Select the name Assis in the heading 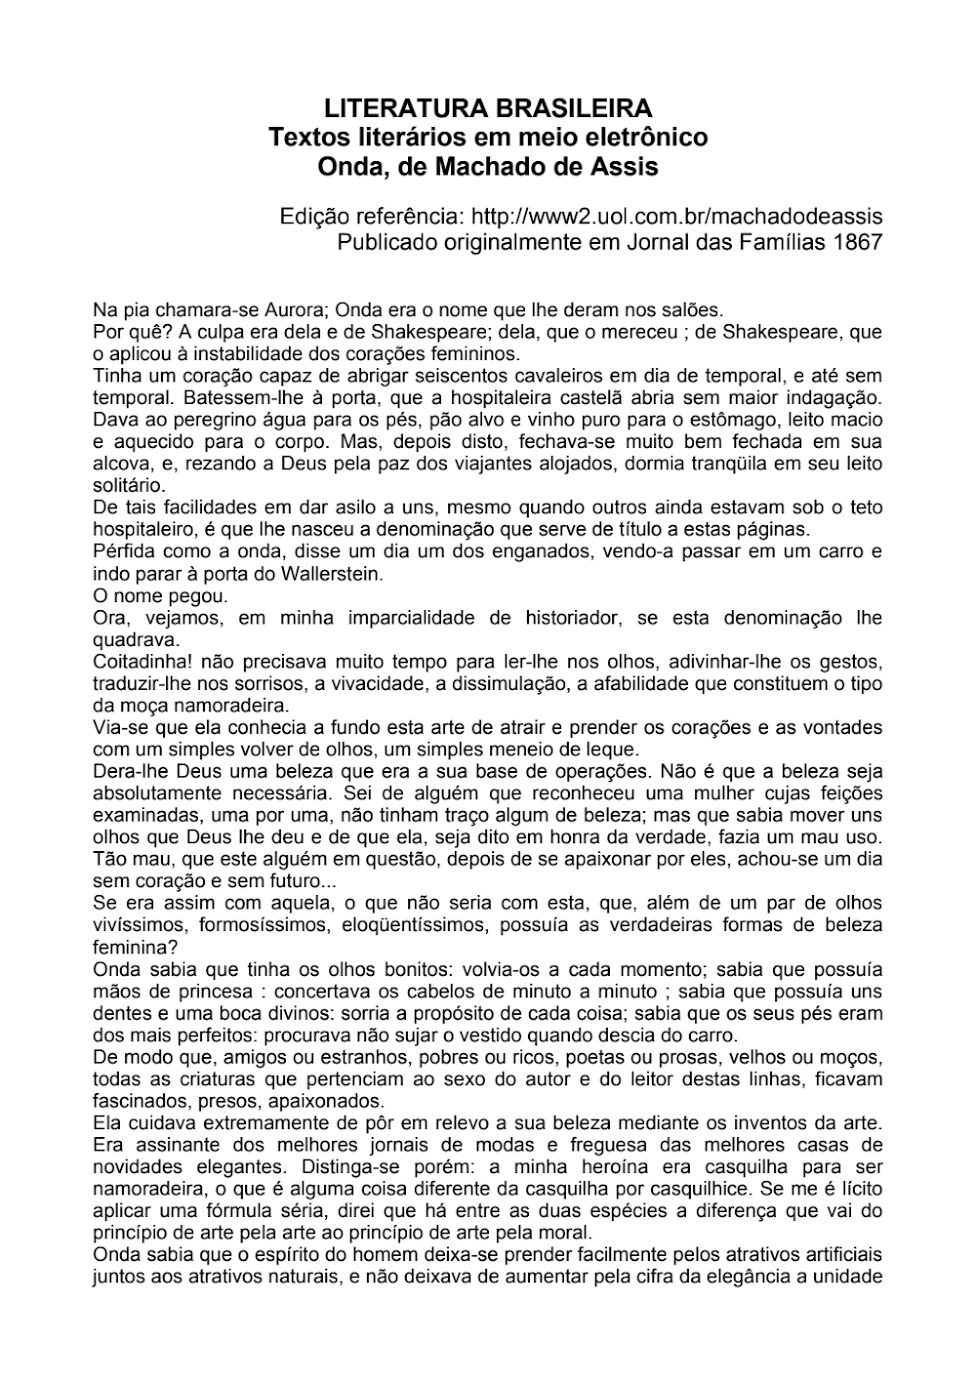coord(623,167)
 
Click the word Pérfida coord(123,551)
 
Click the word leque coord(612,750)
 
